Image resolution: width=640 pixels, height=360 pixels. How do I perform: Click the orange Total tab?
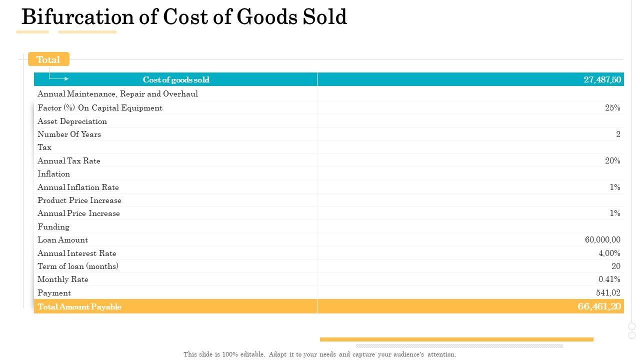[x=48, y=59]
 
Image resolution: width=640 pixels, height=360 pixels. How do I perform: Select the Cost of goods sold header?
[x=176, y=79]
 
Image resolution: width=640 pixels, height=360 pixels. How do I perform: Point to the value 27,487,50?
[x=602, y=79]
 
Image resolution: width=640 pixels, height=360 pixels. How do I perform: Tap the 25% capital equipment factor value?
[x=612, y=107]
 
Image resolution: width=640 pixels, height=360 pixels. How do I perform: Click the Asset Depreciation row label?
[x=72, y=121]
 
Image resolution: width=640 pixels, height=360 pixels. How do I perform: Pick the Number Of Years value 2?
[x=618, y=134]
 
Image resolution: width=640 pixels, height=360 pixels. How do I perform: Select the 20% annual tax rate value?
[x=612, y=160]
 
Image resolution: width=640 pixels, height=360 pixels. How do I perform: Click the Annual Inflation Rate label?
[x=78, y=187]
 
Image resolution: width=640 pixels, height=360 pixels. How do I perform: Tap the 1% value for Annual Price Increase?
[x=614, y=213]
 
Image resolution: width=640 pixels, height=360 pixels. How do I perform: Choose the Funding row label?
[x=53, y=226]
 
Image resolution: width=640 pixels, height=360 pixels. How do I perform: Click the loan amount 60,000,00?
[x=602, y=239]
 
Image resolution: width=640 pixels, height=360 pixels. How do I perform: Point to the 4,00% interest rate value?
[x=609, y=253]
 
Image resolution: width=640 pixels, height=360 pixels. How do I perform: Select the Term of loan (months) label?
[x=78, y=266]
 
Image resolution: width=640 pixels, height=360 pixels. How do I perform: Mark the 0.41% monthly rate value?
[x=609, y=279]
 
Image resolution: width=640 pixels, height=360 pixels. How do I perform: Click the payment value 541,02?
[x=608, y=292]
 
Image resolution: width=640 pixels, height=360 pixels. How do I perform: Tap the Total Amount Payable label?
[x=79, y=306]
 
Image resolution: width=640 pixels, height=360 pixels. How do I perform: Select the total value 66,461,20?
[x=599, y=306]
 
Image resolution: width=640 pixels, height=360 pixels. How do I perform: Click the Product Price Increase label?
[x=79, y=200]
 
